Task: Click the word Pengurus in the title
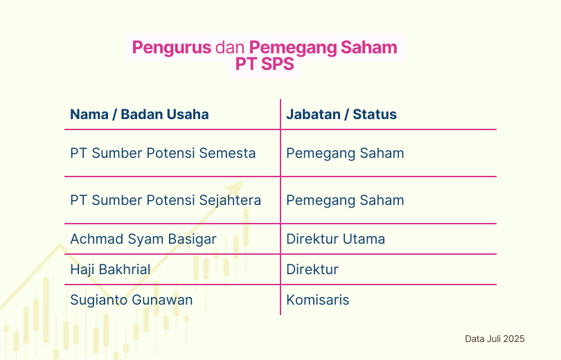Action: click(x=172, y=48)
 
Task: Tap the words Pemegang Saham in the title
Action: click(x=323, y=48)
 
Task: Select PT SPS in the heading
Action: click(x=265, y=64)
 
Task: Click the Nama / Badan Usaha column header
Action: click(x=139, y=114)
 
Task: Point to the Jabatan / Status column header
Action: click(x=341, y=114)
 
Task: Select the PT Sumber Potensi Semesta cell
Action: click(x=163, y=153)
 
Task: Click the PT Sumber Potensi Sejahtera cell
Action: click(x=166, y=200)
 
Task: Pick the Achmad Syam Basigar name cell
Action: click(x=143, y=239)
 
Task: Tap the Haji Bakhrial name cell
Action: click(x=110, y=269)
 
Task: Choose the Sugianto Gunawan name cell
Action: click(x=132, y=300)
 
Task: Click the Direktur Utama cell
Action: click(x=336, y=239)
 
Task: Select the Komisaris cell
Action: click(x=318, y=300)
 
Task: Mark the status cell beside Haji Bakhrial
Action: click(x=312, y=269)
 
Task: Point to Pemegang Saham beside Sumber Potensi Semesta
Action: click(x=346, y=154)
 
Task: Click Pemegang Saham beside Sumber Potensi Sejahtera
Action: click(x=346, y=201)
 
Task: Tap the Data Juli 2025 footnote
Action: click(x=495, y=339)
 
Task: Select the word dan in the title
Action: click(x=230, y=48)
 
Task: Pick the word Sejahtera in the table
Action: click(x=230, y=200)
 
